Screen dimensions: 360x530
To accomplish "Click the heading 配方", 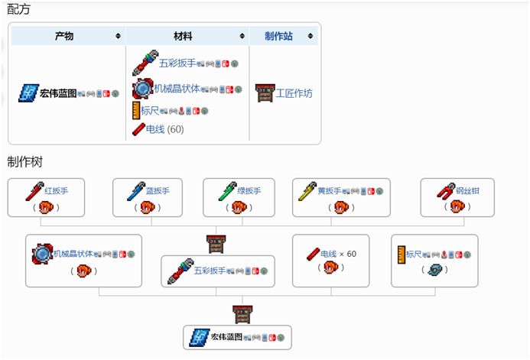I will click(20, 10).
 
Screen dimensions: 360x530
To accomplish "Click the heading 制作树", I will click(25, 163).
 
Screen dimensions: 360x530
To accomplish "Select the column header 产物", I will click(64, 36).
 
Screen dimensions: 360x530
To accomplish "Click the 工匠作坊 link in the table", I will click(294, 93).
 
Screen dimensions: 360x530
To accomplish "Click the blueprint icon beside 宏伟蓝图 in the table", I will click(28, 93).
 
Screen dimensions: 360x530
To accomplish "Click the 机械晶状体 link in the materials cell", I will click(177, 89).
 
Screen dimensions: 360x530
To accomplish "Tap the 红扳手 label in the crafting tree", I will click(57, 190).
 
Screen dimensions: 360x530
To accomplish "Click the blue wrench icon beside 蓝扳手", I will click(135, 190).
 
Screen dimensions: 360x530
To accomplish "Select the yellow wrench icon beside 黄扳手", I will click(305, 190).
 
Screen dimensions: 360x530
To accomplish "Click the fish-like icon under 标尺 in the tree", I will click(434, 269).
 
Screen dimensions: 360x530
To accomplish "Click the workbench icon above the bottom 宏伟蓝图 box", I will click(242, 313).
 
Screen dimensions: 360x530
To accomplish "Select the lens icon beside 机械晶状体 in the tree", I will click(41, 254).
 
